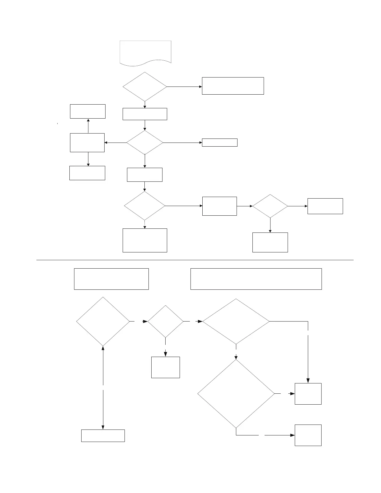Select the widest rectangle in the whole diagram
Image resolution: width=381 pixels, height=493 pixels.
pyautogui.click(x=256, y=279)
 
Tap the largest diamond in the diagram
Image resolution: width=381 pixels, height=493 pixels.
pyautogui.click(x=236, y=394)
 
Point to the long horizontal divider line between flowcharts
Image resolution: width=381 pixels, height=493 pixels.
pyautogui.click(x=195, y=260)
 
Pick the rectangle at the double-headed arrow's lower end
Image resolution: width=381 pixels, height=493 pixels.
pyautogui.click(x=103, y=435)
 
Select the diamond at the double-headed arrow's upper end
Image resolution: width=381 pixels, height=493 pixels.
pyautogui.click(x=103, y=322)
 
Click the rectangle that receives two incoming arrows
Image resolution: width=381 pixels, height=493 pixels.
pyautogui.click(x=308, y=394)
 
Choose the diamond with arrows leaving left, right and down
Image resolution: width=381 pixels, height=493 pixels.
pyautogui.click(x=145, y=143)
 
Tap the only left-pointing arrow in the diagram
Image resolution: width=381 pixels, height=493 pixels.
pyautogui.click(x=115, y=143)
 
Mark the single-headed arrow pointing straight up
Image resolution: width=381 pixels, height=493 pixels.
pyautogui.click(x=88, y=126)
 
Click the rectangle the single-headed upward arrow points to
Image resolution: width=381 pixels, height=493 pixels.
pyautogui.click(x=88, y=111)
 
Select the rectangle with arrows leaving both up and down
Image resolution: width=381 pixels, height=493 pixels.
pyautogui.click(x=87, y=143)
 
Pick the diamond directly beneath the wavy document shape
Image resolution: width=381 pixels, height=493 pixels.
pyautogui.click(x=145, y=87)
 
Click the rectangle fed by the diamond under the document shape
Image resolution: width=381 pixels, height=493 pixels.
pyautogui.click(x=233, y=86)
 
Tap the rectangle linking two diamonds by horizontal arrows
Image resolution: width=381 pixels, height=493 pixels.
pyautogui.click(x=219, y=206)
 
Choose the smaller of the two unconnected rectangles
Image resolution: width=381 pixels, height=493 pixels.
pyautogui.click(x=111, y=279)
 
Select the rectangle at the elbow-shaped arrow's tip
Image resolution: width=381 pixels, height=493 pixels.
pyautogui.click(x=308, y=435)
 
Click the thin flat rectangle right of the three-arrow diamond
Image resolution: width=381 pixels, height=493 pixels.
pyautogui.click(x=219, y=143)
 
